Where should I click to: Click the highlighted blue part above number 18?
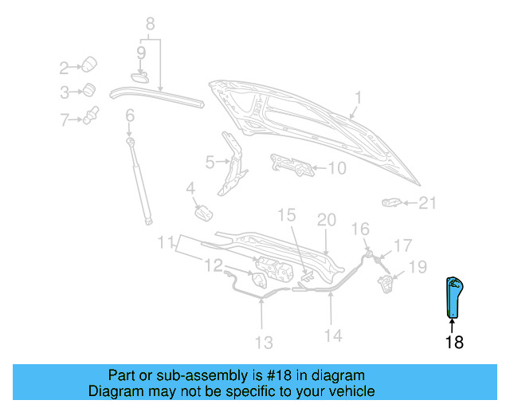click(453, 296)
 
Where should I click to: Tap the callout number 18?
click(453, 343)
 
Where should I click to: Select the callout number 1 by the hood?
click(358, 98)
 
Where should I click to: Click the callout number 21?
click(428, 203)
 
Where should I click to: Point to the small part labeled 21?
click(390, 202)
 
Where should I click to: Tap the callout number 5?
click(210, 163)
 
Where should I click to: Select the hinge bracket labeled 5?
click(232, 163)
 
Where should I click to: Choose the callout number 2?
click(65, 67)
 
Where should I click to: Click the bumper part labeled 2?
click(90, 64)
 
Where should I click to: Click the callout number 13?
click(264, 343)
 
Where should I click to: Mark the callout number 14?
click(333, 336)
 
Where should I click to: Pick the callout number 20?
click(327, 219)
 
